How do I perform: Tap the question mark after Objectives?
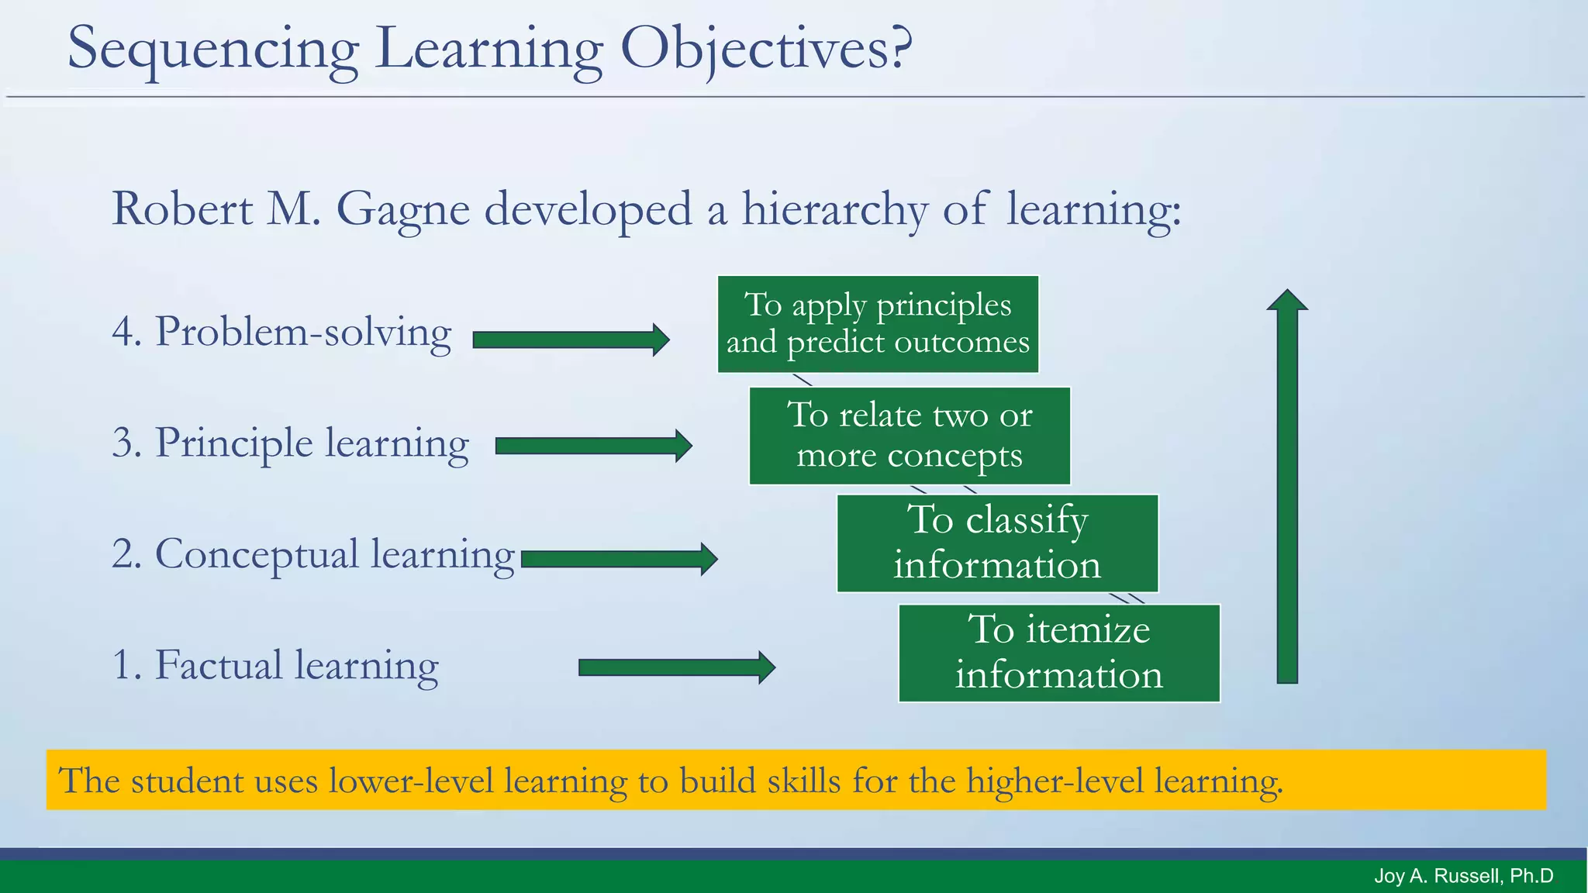coord(899,48)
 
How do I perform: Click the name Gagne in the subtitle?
coord(402,209)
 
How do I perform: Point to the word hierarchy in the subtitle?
coord(834,209)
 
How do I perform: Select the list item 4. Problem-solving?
coord(281,332)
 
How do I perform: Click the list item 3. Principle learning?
coord(290,443)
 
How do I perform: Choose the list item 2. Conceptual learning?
coord(312,554)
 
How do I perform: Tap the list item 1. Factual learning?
coord(274,665)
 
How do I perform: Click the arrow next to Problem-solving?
coord(571,340)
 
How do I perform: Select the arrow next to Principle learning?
coord(593,446)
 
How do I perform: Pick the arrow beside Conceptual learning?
coord(619,559)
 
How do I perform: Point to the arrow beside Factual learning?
coord(676,667)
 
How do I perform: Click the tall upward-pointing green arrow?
coord(1287,488)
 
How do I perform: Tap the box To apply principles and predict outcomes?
coord(878,324)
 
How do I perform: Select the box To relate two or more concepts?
coord(910,436)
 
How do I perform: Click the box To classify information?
coord(997,543)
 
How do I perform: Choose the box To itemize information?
coord(1059,653)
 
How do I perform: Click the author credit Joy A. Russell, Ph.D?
coord(1463,876)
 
